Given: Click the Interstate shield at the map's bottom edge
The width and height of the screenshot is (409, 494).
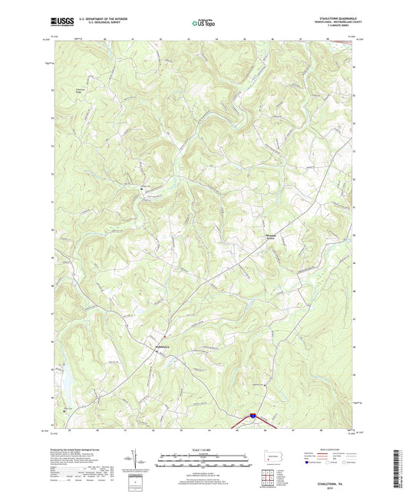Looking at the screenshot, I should [251, 417].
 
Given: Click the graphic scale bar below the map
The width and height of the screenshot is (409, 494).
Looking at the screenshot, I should [204, 462].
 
